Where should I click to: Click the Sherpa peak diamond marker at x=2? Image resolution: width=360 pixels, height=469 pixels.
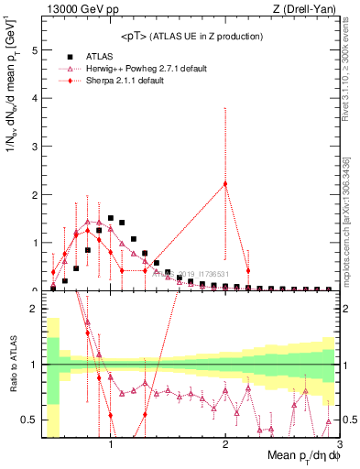(225, 184)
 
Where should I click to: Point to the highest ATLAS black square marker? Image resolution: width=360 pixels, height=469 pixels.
(111, 219)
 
